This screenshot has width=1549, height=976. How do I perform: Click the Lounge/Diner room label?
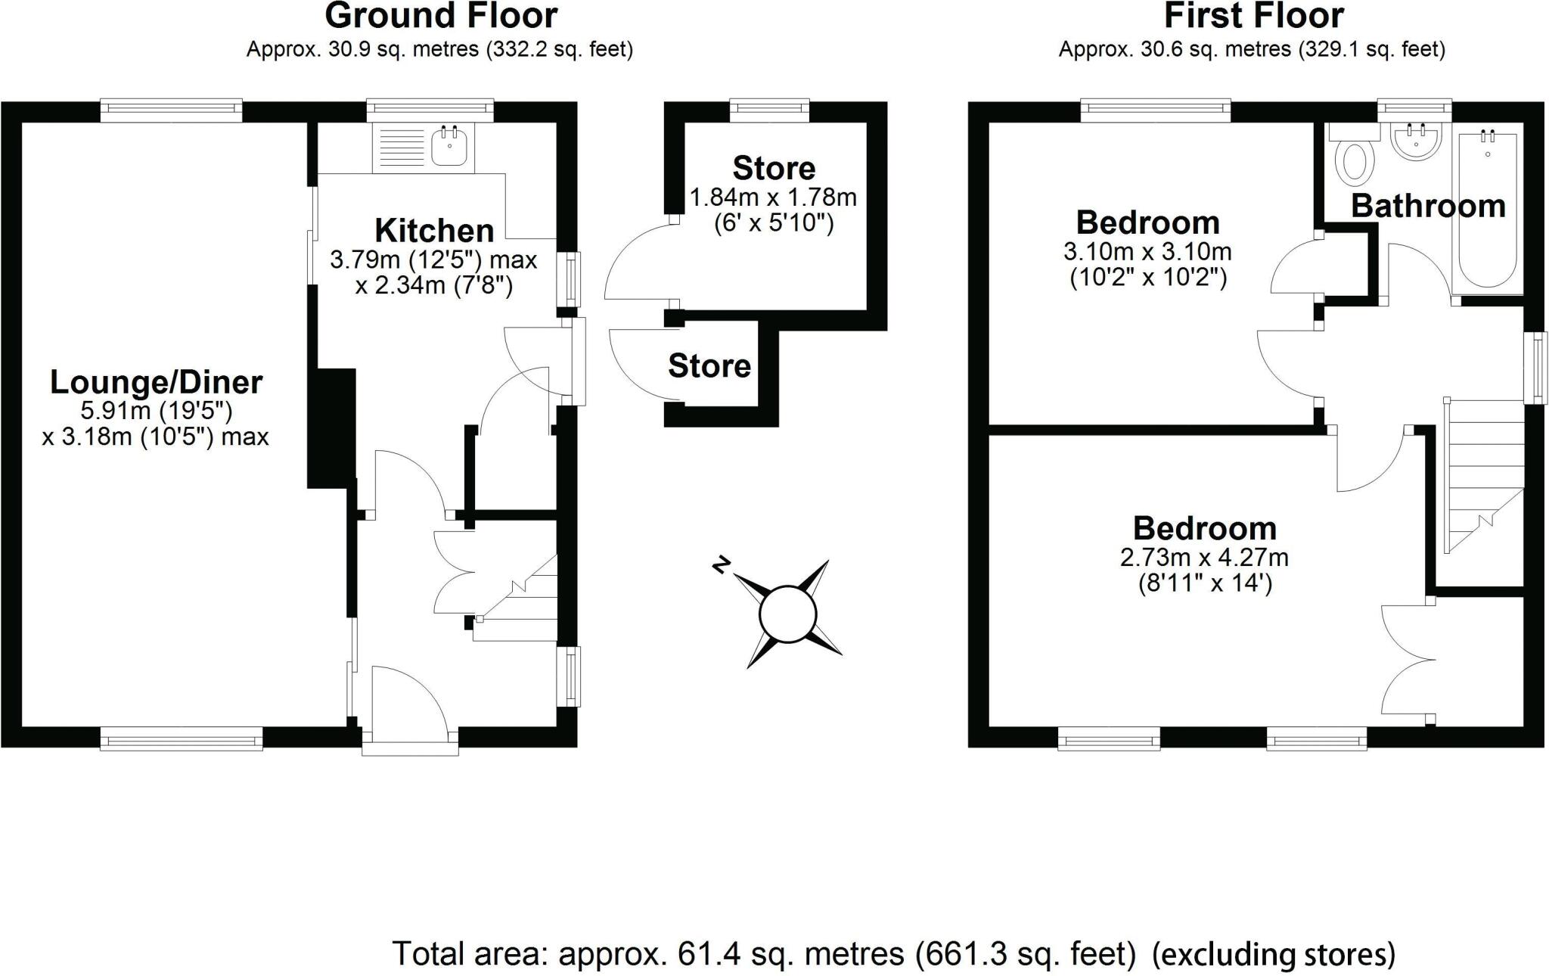[156, 382]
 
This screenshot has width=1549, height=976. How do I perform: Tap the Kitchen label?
[434, 230]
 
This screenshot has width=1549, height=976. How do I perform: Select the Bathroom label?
[1428, 206]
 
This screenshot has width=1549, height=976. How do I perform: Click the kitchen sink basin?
[450, 147]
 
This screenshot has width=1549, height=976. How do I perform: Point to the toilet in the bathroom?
[1355, 162]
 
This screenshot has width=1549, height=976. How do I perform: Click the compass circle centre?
[787, 614]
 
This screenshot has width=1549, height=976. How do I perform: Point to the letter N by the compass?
[722, 564]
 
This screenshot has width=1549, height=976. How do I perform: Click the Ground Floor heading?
[441, 15]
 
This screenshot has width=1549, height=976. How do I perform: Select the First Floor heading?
[1253, 15]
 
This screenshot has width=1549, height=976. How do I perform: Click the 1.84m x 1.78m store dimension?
[773, 198]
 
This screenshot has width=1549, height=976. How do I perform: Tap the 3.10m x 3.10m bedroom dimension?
[1147, 251]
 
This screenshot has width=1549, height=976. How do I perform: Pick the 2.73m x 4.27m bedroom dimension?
[1204, 558]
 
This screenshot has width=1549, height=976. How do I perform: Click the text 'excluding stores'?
[1273, 954]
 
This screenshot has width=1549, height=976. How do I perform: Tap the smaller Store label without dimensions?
[709, 366]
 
